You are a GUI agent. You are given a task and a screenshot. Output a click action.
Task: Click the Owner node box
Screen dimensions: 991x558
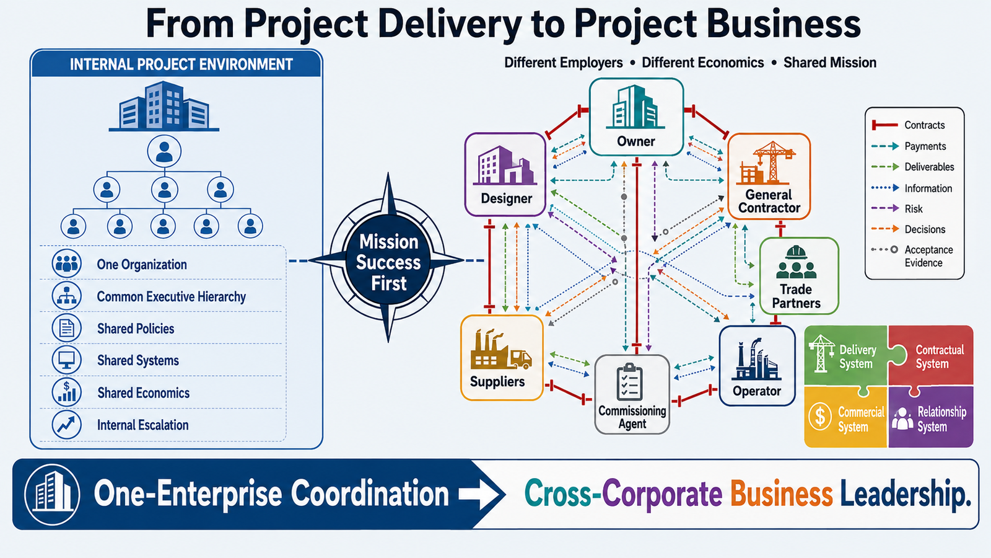click(636, 117)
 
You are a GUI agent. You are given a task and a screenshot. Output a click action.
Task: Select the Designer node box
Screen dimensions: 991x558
click(505, 174)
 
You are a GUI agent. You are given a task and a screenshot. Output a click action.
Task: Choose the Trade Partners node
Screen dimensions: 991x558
click(799, 276)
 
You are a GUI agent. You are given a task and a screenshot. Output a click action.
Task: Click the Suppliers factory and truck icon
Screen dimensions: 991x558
click(501, 350)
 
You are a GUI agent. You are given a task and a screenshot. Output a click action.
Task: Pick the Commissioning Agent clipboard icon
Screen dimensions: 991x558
click(629, 382)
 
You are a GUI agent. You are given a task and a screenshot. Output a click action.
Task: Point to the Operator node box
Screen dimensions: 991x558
click(757, 366)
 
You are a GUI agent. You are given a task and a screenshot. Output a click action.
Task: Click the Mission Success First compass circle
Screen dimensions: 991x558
click(388, 260)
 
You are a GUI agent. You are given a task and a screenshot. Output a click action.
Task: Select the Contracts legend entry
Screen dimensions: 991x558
click(908, 125)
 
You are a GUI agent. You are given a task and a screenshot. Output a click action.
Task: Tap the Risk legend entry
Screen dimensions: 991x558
click(897, 208)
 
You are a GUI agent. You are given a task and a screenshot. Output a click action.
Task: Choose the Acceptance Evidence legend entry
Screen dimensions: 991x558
click(912, 256)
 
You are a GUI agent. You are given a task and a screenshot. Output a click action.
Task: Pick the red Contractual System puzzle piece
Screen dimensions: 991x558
click(932, 356)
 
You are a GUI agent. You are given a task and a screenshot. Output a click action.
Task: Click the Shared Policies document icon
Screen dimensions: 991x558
click(67, 328)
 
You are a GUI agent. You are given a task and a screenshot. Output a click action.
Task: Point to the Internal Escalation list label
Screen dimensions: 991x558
click(143, 425)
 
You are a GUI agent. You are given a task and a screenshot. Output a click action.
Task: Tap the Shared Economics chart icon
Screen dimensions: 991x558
click(67, 392)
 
